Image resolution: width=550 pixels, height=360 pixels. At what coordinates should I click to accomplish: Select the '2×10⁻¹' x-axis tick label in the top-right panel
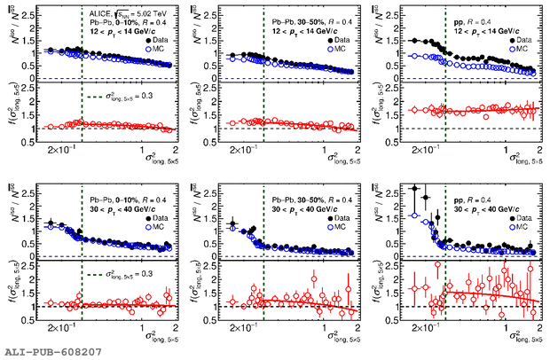424,147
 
